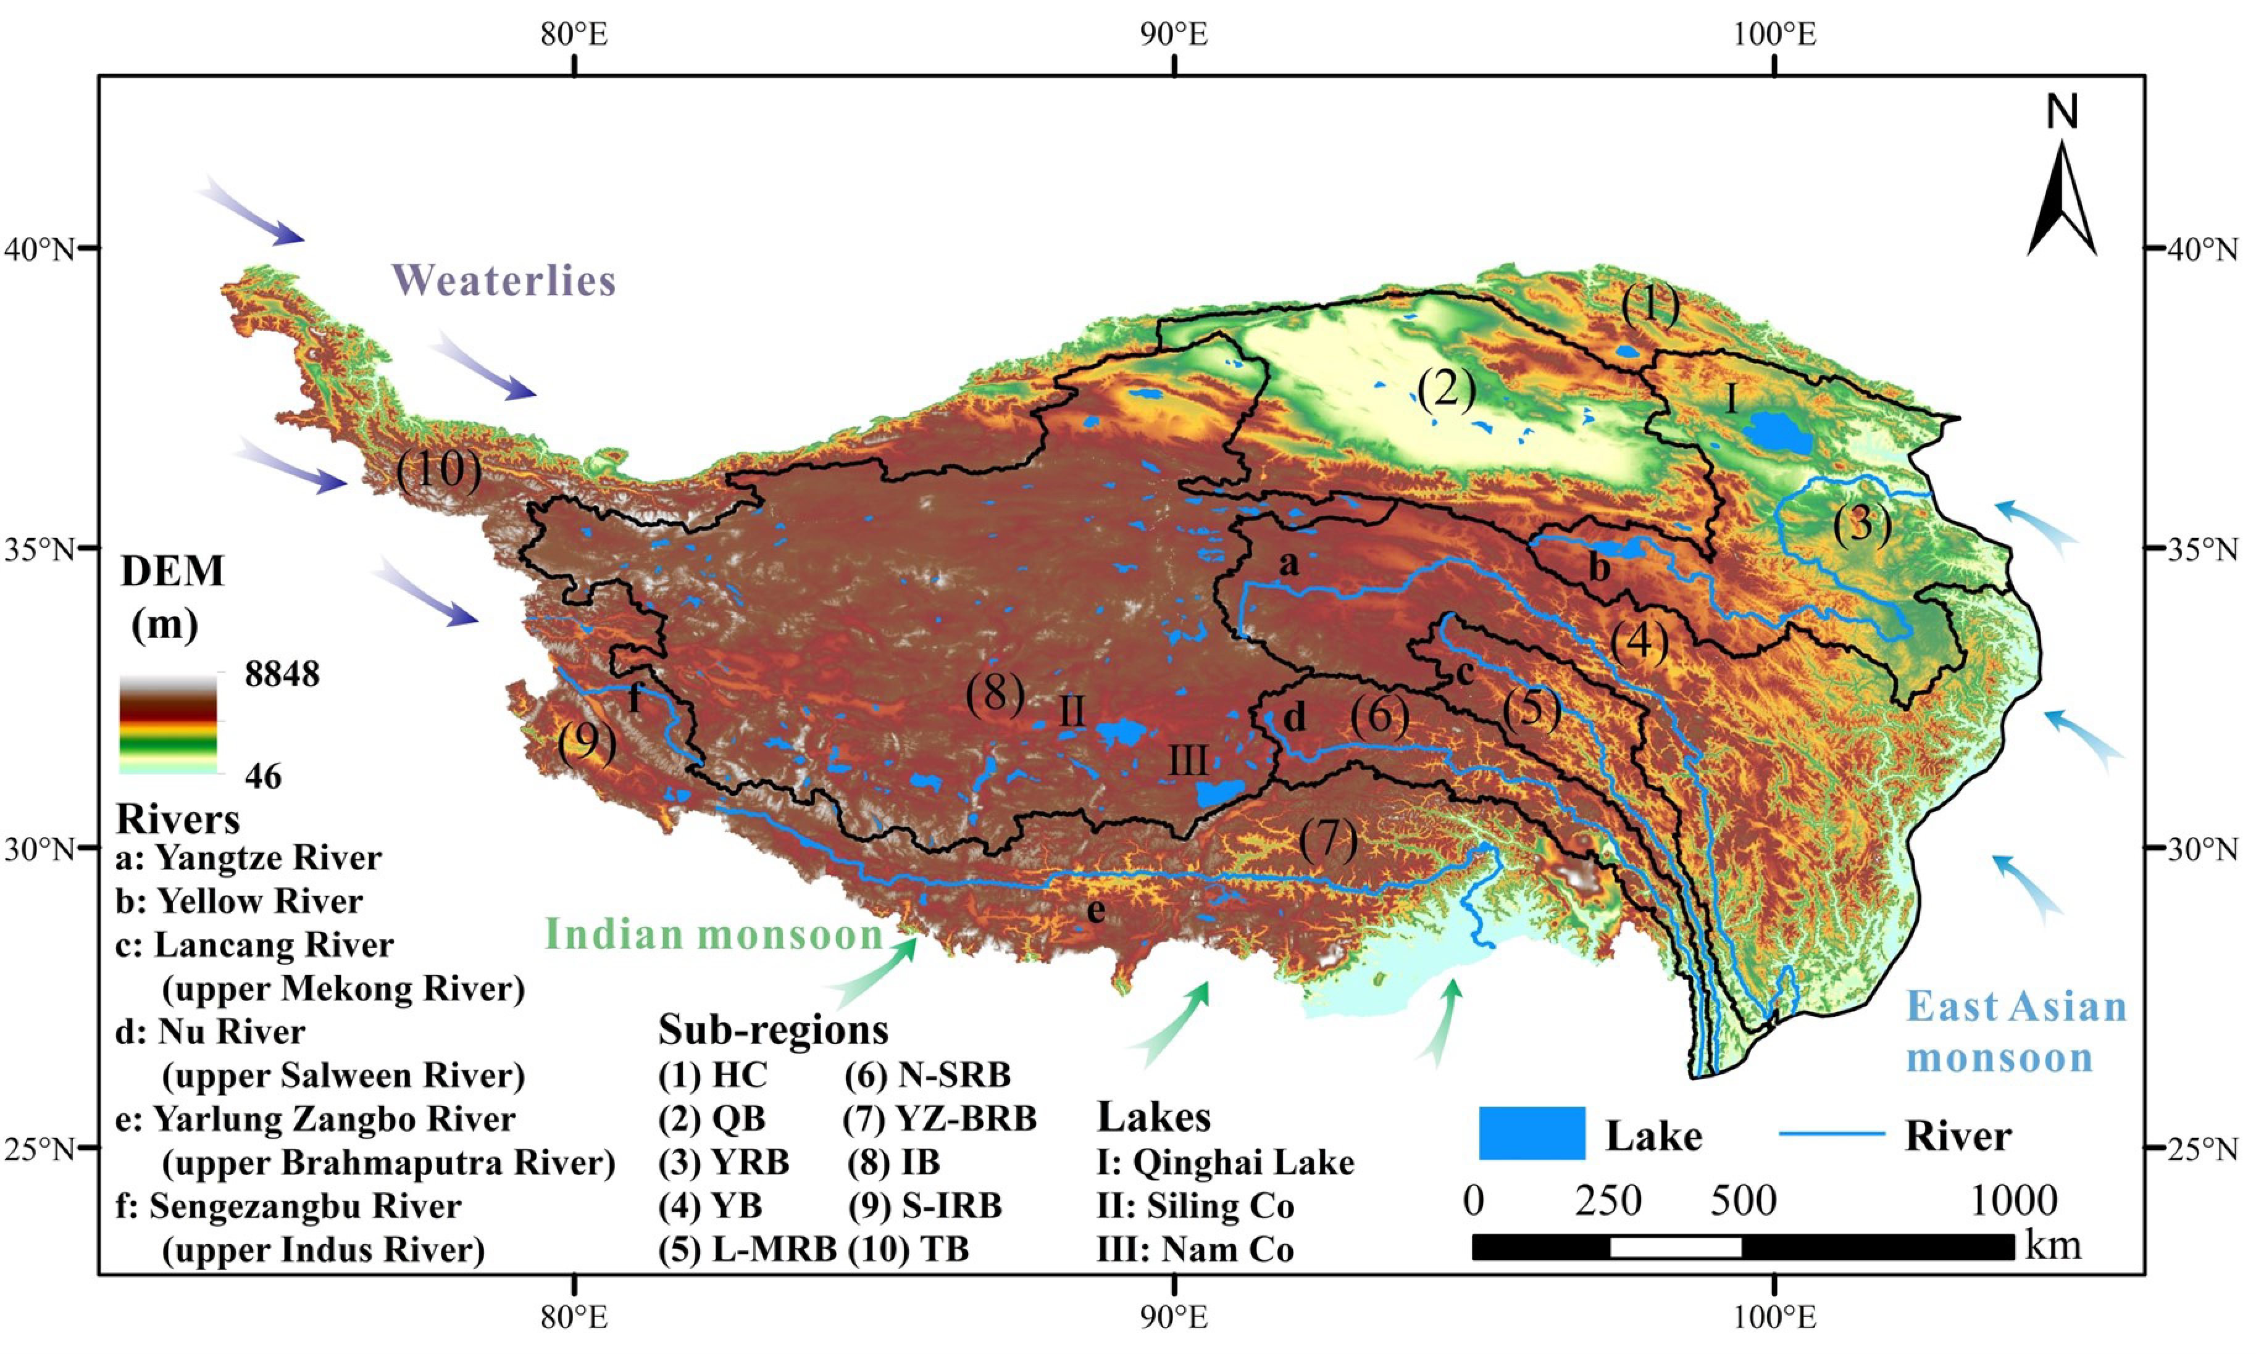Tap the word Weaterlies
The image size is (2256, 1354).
[x=504, y=280]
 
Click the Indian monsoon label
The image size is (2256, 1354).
[x=714, y=934]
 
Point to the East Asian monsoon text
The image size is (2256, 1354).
[x=2015, y=1033]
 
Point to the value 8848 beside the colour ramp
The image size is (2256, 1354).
[x=282, y=675]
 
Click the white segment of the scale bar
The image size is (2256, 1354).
[x=1676, y=1247]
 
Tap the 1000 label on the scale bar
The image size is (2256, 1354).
[x=2013, y=1201]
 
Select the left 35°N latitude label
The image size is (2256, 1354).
[x=38, y=550]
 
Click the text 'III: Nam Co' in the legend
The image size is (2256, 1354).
[x=1195, y=1249]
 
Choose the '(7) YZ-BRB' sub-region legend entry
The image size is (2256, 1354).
[x=940, y=1118]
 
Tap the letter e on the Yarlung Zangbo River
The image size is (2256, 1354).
[x=1096, y=910]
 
